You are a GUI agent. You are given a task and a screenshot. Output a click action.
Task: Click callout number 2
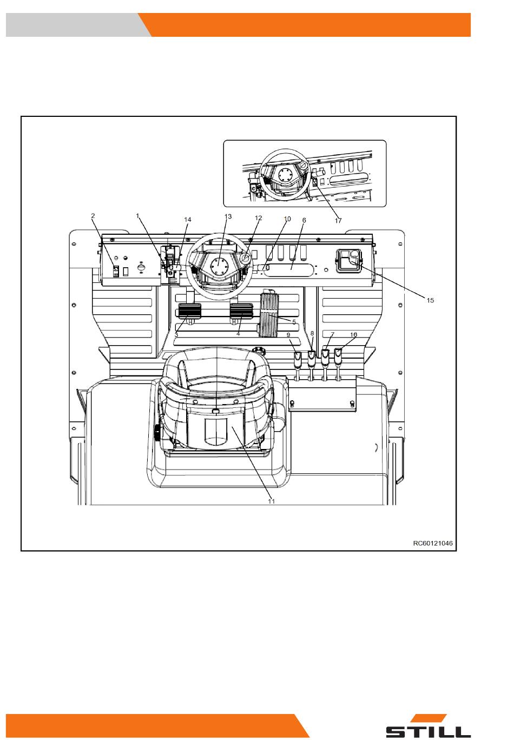93,216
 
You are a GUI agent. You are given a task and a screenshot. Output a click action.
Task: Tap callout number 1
138,216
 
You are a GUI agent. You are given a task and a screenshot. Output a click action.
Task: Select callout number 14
188,220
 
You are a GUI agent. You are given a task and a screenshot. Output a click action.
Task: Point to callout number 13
228,216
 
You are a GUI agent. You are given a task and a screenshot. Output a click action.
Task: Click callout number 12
258,218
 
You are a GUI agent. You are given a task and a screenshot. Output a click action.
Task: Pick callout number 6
304,220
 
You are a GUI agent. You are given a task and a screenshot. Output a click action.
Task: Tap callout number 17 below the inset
338,220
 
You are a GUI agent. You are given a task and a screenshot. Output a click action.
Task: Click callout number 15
430,300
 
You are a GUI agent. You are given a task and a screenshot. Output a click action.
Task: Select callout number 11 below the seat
271,501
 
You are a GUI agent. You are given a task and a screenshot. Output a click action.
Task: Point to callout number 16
353,334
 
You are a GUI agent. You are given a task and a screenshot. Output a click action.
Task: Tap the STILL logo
428,725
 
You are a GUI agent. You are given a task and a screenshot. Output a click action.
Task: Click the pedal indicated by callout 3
189,311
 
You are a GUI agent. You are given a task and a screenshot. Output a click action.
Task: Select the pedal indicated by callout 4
241,311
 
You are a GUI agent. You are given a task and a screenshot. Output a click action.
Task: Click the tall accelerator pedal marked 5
270,314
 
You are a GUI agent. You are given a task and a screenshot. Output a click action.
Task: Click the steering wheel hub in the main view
218,265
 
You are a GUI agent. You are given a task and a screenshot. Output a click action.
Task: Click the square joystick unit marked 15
349,261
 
